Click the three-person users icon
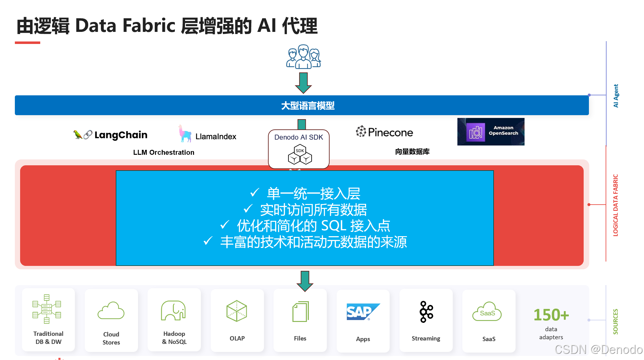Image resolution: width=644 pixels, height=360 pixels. [x=303, y=56]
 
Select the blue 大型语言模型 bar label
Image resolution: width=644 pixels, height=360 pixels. [x=308, y=106]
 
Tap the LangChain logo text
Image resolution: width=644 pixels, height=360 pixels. [x=121, y=135]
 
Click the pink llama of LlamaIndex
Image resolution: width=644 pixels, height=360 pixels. [x=185, y=134]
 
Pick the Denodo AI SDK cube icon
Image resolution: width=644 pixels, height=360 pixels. [x=300, y=154]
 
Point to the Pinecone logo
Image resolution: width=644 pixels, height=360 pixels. [x=385, y=132]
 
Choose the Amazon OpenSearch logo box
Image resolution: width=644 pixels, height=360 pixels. [x=491, y=132]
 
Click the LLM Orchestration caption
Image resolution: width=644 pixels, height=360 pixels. [x=164, y=152]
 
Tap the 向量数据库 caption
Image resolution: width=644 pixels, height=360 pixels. [x=412, y=152]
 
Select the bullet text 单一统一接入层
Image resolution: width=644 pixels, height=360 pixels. [x=313, y=194]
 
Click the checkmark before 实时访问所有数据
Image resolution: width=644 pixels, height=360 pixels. [x=248, y=209]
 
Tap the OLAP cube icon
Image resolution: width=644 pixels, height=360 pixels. [x=237, y=311]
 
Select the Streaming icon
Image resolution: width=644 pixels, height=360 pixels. [x=426, y=312]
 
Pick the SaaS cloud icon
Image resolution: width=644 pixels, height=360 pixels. [x=487, y=312]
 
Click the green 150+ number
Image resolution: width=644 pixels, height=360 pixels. [x=551, y=315]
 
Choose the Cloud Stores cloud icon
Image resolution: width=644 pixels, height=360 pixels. [x=111, y=311]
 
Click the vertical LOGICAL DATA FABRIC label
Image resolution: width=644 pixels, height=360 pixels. [x=616, y=205]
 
